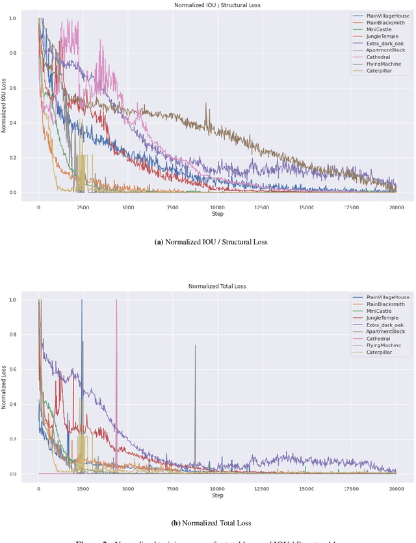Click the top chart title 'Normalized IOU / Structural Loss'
[217, 5]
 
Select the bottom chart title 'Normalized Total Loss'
[217, 286]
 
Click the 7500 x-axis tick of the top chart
[172, 207]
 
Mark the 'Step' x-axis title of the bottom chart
[217, 496]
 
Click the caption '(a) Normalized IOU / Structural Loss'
[217, 242]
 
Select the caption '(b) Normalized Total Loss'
[217, 523]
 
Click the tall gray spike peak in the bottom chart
[195, 345]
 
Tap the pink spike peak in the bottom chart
[116, 300]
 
